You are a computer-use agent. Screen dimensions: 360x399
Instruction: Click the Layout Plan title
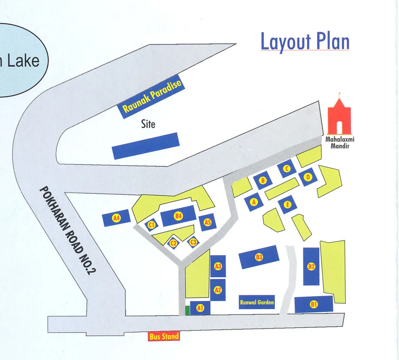[x=305, y=42]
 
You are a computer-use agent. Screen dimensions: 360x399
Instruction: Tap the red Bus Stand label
[x=164, y=337]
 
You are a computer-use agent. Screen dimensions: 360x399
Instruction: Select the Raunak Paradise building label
[x=152, y=97]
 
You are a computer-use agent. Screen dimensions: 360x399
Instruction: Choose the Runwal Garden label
[x=257, y=303]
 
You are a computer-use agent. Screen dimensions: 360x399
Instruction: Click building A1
[x=200, y=308]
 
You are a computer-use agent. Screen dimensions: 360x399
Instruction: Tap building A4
[x=116, y=218]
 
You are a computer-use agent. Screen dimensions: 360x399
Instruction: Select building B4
[x=178, y=216]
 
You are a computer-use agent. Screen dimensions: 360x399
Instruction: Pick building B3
[x=259, y=257]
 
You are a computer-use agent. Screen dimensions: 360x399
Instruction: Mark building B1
[x=314, y=304]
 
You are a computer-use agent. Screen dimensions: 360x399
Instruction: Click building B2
[x=311, y=267]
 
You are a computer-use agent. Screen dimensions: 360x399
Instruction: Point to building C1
[x=152, y=225]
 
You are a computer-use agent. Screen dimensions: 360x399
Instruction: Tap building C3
[x=193, y=242]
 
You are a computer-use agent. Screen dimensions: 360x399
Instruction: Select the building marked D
[x=309, y=178]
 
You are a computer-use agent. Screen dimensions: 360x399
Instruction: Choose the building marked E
[x=288, y=204]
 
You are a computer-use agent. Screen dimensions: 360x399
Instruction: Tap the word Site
[x=148, y=124]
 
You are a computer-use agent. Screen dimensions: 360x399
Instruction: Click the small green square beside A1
[x=188, y=310]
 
